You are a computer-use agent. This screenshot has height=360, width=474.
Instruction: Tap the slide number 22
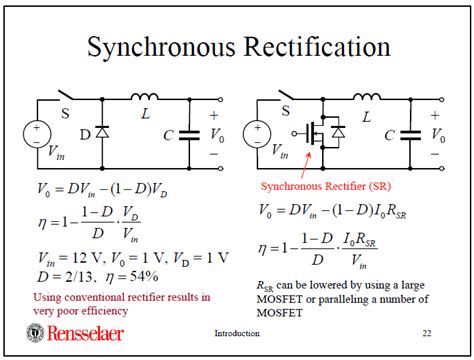pos(426,332)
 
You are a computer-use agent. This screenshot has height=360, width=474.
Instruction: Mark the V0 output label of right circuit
pos(437,133)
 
